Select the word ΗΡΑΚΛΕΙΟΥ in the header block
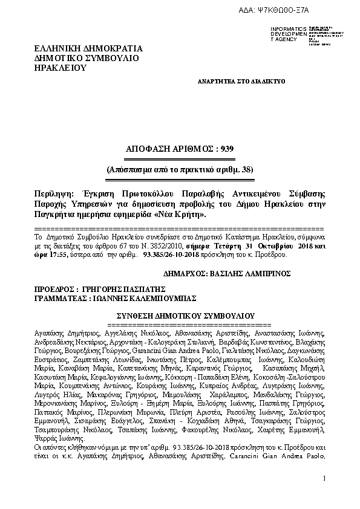(x=61, y=68)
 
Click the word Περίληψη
(x=53, y=193)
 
